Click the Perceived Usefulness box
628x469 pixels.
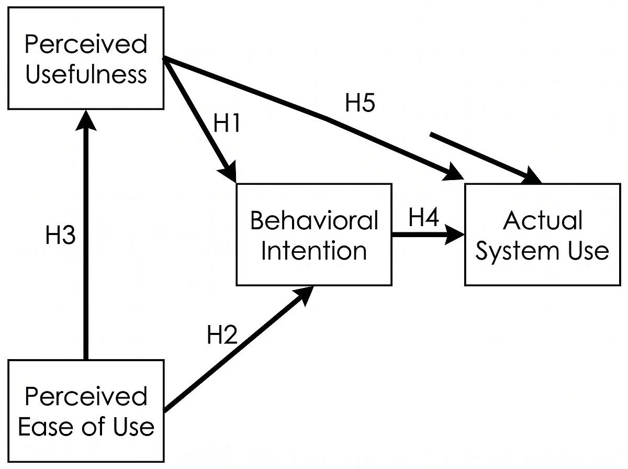[x=86, y=59]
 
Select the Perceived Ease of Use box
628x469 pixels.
[x=86, y=411]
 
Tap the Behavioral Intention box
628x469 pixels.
[x=314, y=235]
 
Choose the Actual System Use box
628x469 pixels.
[x=542, y=235]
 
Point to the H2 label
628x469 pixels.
[x=222, y=335]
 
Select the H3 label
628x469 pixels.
[x=60, y=236]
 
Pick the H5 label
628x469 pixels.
[x=360, y=104]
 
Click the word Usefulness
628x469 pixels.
[x=86, y=75]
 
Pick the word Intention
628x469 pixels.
[x=314, y=251]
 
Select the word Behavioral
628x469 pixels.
[x=314, y=220]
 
